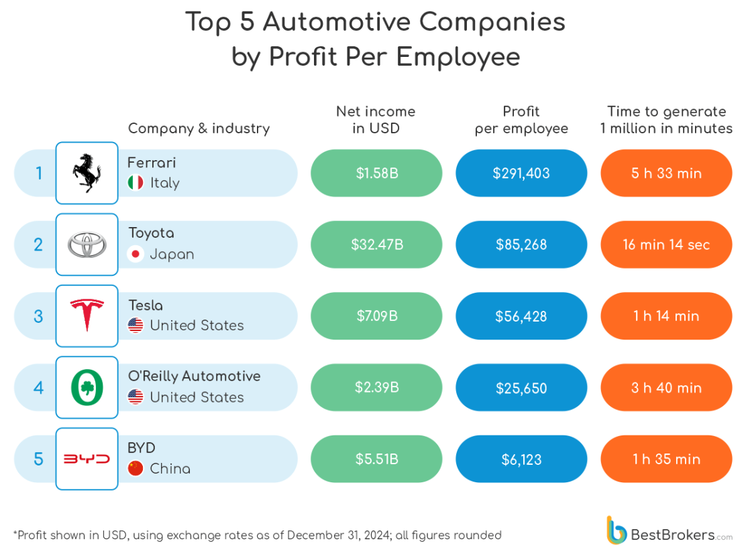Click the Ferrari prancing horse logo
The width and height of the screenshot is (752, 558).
click(87, 173)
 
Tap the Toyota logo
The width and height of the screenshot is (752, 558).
click(87, 245)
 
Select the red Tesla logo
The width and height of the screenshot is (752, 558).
click(87, 316)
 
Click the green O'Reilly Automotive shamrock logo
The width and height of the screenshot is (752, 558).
click(87, 387)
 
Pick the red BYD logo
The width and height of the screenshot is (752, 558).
click(87, 459)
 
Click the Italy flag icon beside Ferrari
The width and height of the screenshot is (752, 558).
click(136, 183)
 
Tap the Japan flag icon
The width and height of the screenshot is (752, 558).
click(136, 255)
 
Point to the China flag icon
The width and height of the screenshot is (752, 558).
click(136, 469)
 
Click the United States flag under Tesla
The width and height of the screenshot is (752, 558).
click(136, 326)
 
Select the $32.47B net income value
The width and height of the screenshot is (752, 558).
click(376, 245)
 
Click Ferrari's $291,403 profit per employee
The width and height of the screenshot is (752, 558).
click(521, 173)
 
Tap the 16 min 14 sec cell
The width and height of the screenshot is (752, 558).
click(666, 245)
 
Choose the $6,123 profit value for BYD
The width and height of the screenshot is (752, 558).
click(521, 460)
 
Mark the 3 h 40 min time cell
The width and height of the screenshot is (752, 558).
click(666, 388)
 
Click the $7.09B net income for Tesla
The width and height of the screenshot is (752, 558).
click(376, 316)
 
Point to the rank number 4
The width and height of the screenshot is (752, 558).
click(38, 388)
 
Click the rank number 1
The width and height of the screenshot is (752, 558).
click(39, 173)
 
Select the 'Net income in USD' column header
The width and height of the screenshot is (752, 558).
click(376, 119)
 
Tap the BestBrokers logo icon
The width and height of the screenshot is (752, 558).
click(616, 530)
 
